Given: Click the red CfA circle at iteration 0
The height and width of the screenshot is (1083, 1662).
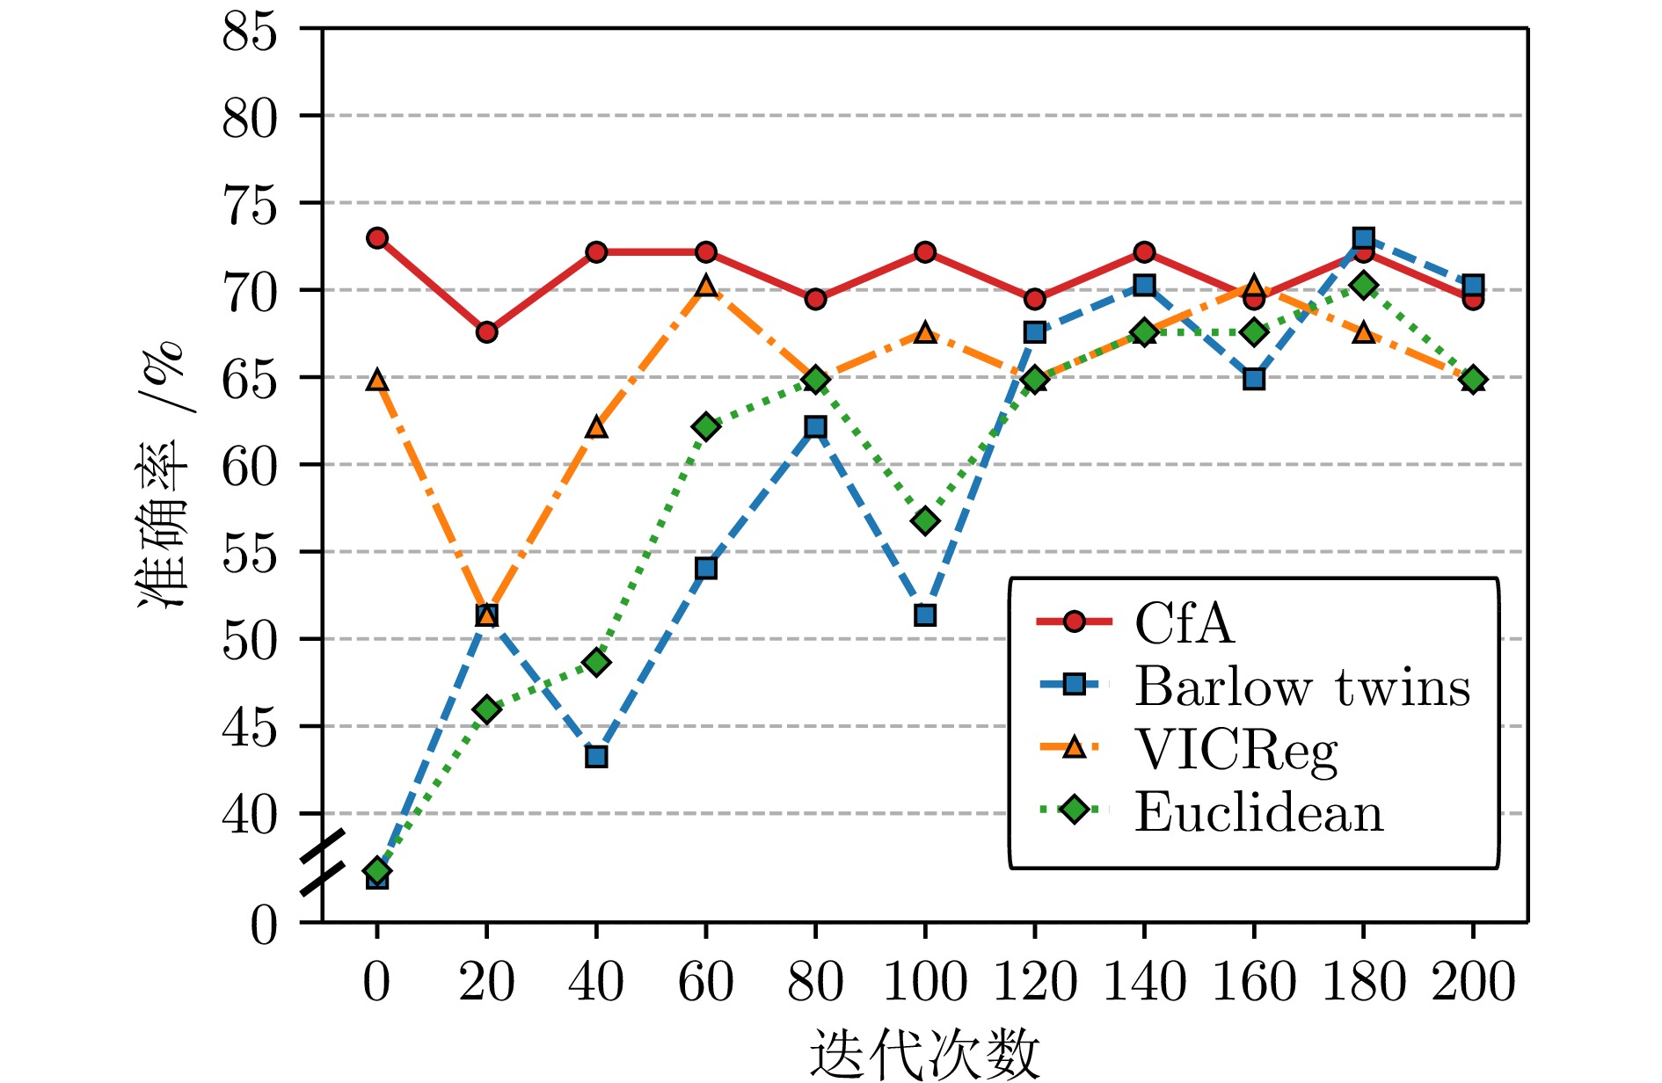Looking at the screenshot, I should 377,238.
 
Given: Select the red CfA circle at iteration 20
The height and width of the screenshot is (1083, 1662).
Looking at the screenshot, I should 486,332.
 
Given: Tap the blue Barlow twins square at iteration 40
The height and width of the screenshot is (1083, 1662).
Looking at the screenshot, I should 596,757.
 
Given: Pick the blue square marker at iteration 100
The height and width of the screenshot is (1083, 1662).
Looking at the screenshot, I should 925,615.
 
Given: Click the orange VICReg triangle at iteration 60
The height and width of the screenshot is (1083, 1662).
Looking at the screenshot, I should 705,287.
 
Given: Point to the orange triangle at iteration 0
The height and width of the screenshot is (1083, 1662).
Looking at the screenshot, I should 377,381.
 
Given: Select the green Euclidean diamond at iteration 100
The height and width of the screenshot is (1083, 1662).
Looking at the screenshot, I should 925,521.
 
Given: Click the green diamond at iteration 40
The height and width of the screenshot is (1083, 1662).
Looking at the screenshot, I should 596,662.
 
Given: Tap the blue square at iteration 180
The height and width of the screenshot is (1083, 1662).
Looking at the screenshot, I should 1364,238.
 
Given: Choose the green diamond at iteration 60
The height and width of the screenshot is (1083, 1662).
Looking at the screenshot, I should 705,427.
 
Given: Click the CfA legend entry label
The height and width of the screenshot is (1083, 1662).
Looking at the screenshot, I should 1184,623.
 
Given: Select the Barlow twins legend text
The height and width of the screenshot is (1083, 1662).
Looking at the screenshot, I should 1301,687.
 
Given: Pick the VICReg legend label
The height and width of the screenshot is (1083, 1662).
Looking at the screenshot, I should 1236,750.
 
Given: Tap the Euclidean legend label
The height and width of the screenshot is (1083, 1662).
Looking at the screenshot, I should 1258,812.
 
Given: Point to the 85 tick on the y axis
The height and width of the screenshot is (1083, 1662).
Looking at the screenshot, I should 250,33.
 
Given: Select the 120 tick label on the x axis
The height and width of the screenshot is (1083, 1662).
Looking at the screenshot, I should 1034,981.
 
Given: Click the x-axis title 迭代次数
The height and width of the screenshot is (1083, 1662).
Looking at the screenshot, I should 924,1054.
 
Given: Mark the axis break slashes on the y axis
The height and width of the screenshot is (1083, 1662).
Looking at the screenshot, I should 322,863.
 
